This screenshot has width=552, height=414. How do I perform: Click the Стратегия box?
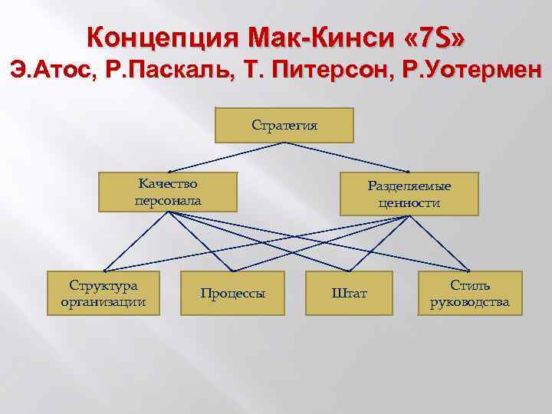click(284, 125)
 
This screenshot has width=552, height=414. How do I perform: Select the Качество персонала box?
click(168, 192)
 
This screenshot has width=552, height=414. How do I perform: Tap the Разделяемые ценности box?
click(409, 194)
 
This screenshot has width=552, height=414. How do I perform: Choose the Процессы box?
click(233, 293)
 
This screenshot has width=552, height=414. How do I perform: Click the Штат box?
click(349, 293)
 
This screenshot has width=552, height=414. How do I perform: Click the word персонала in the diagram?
click(168, 200)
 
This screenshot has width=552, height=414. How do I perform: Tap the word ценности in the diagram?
click(409, 202)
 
